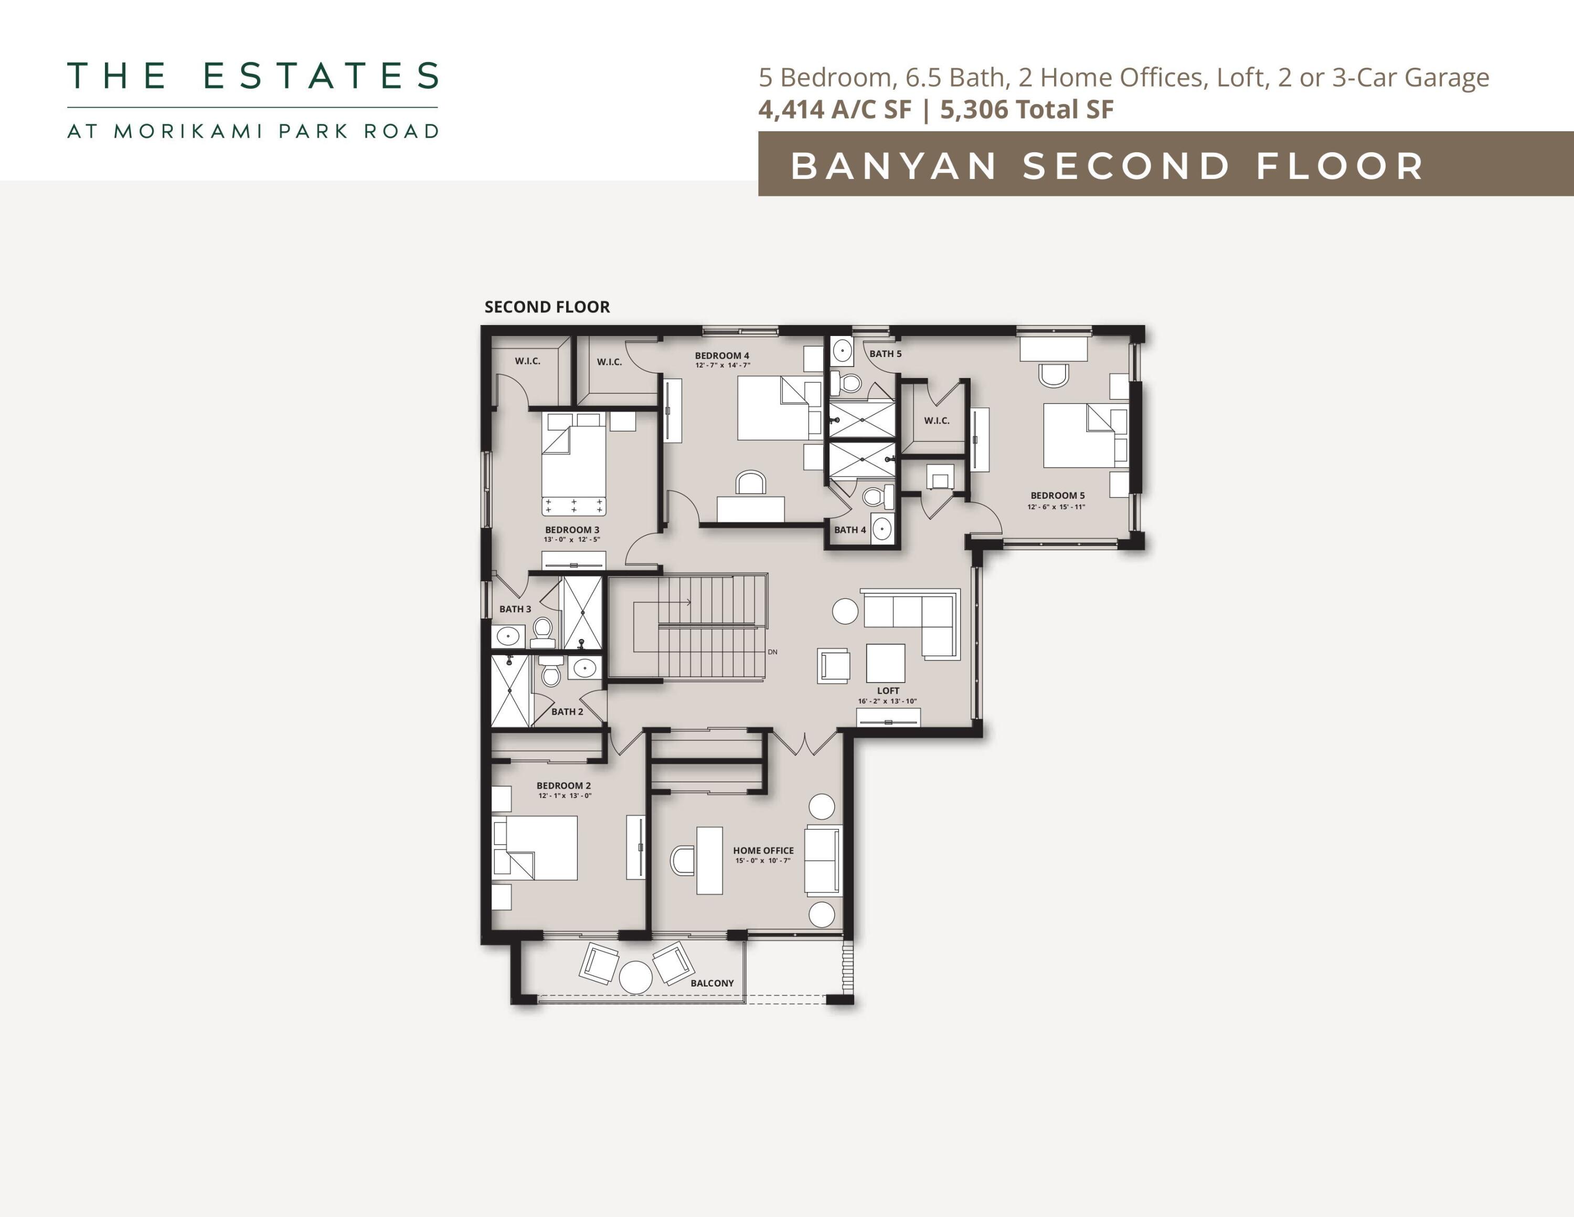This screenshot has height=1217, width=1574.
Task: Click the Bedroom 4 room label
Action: (x=721, y=355)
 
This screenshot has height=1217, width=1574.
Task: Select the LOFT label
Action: (x=888, y=691)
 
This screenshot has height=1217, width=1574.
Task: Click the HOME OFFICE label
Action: (x=763, y=851)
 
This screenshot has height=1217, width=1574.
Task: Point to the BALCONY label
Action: (x=712, y=983)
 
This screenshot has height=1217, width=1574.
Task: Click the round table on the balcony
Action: (x=636, y=978)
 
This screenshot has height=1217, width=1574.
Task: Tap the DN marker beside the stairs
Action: (x=773, y=652)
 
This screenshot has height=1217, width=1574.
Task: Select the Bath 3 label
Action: (x=515, y=609)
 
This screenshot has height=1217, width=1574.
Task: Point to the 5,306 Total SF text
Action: (x=1026, y=110)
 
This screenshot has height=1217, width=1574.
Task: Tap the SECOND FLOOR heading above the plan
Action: (x=547, y=307)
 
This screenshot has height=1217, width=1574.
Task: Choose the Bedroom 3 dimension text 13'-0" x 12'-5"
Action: (x=571, y=539)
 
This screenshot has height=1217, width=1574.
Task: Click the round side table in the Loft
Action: (x=845, y=611)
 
